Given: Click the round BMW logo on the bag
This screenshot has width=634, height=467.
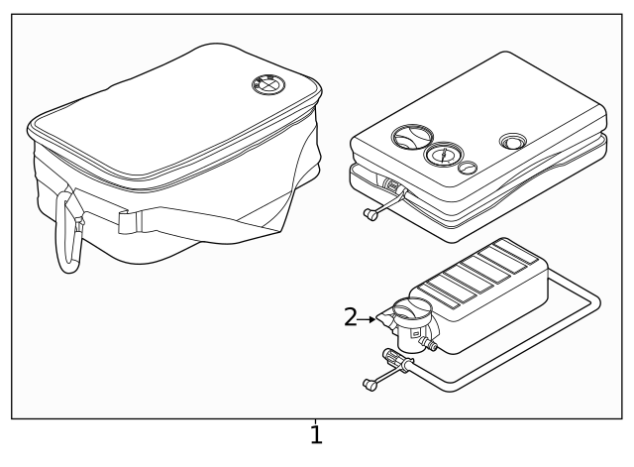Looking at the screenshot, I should (x=266, y=85).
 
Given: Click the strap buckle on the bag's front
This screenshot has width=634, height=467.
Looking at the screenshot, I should (x=126, y=221).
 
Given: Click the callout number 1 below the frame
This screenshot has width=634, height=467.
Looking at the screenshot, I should (x=316, y=435).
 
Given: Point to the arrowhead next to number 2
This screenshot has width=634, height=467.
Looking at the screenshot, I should (x=373, y=318).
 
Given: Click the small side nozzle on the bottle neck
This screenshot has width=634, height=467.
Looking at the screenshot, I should (x=432, y=344).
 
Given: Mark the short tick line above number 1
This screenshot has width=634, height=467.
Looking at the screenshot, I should (x=316, y=420).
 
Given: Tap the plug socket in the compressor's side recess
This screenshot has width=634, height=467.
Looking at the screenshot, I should (x=392, y=186).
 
